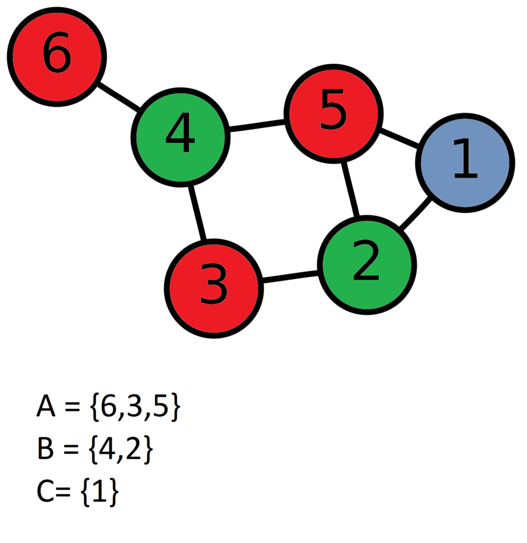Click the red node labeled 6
(57, 57)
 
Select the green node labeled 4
(180, 137)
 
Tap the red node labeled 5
(333, 113)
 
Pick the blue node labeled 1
(465, 162)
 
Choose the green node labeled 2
(367, 264)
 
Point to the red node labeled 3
(214, 288)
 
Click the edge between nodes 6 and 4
(119, 97)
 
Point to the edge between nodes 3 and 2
(290, 277)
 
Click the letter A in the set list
(46, 407)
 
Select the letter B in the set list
(45, 450)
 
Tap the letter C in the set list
(46, 492)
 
